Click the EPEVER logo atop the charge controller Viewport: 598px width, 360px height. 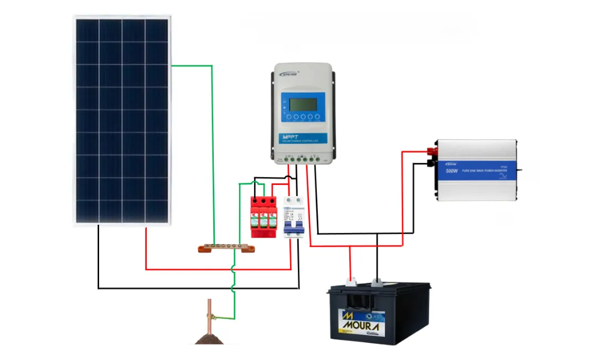289,74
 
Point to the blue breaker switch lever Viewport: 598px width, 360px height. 293,227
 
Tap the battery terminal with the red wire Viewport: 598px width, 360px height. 350,281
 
